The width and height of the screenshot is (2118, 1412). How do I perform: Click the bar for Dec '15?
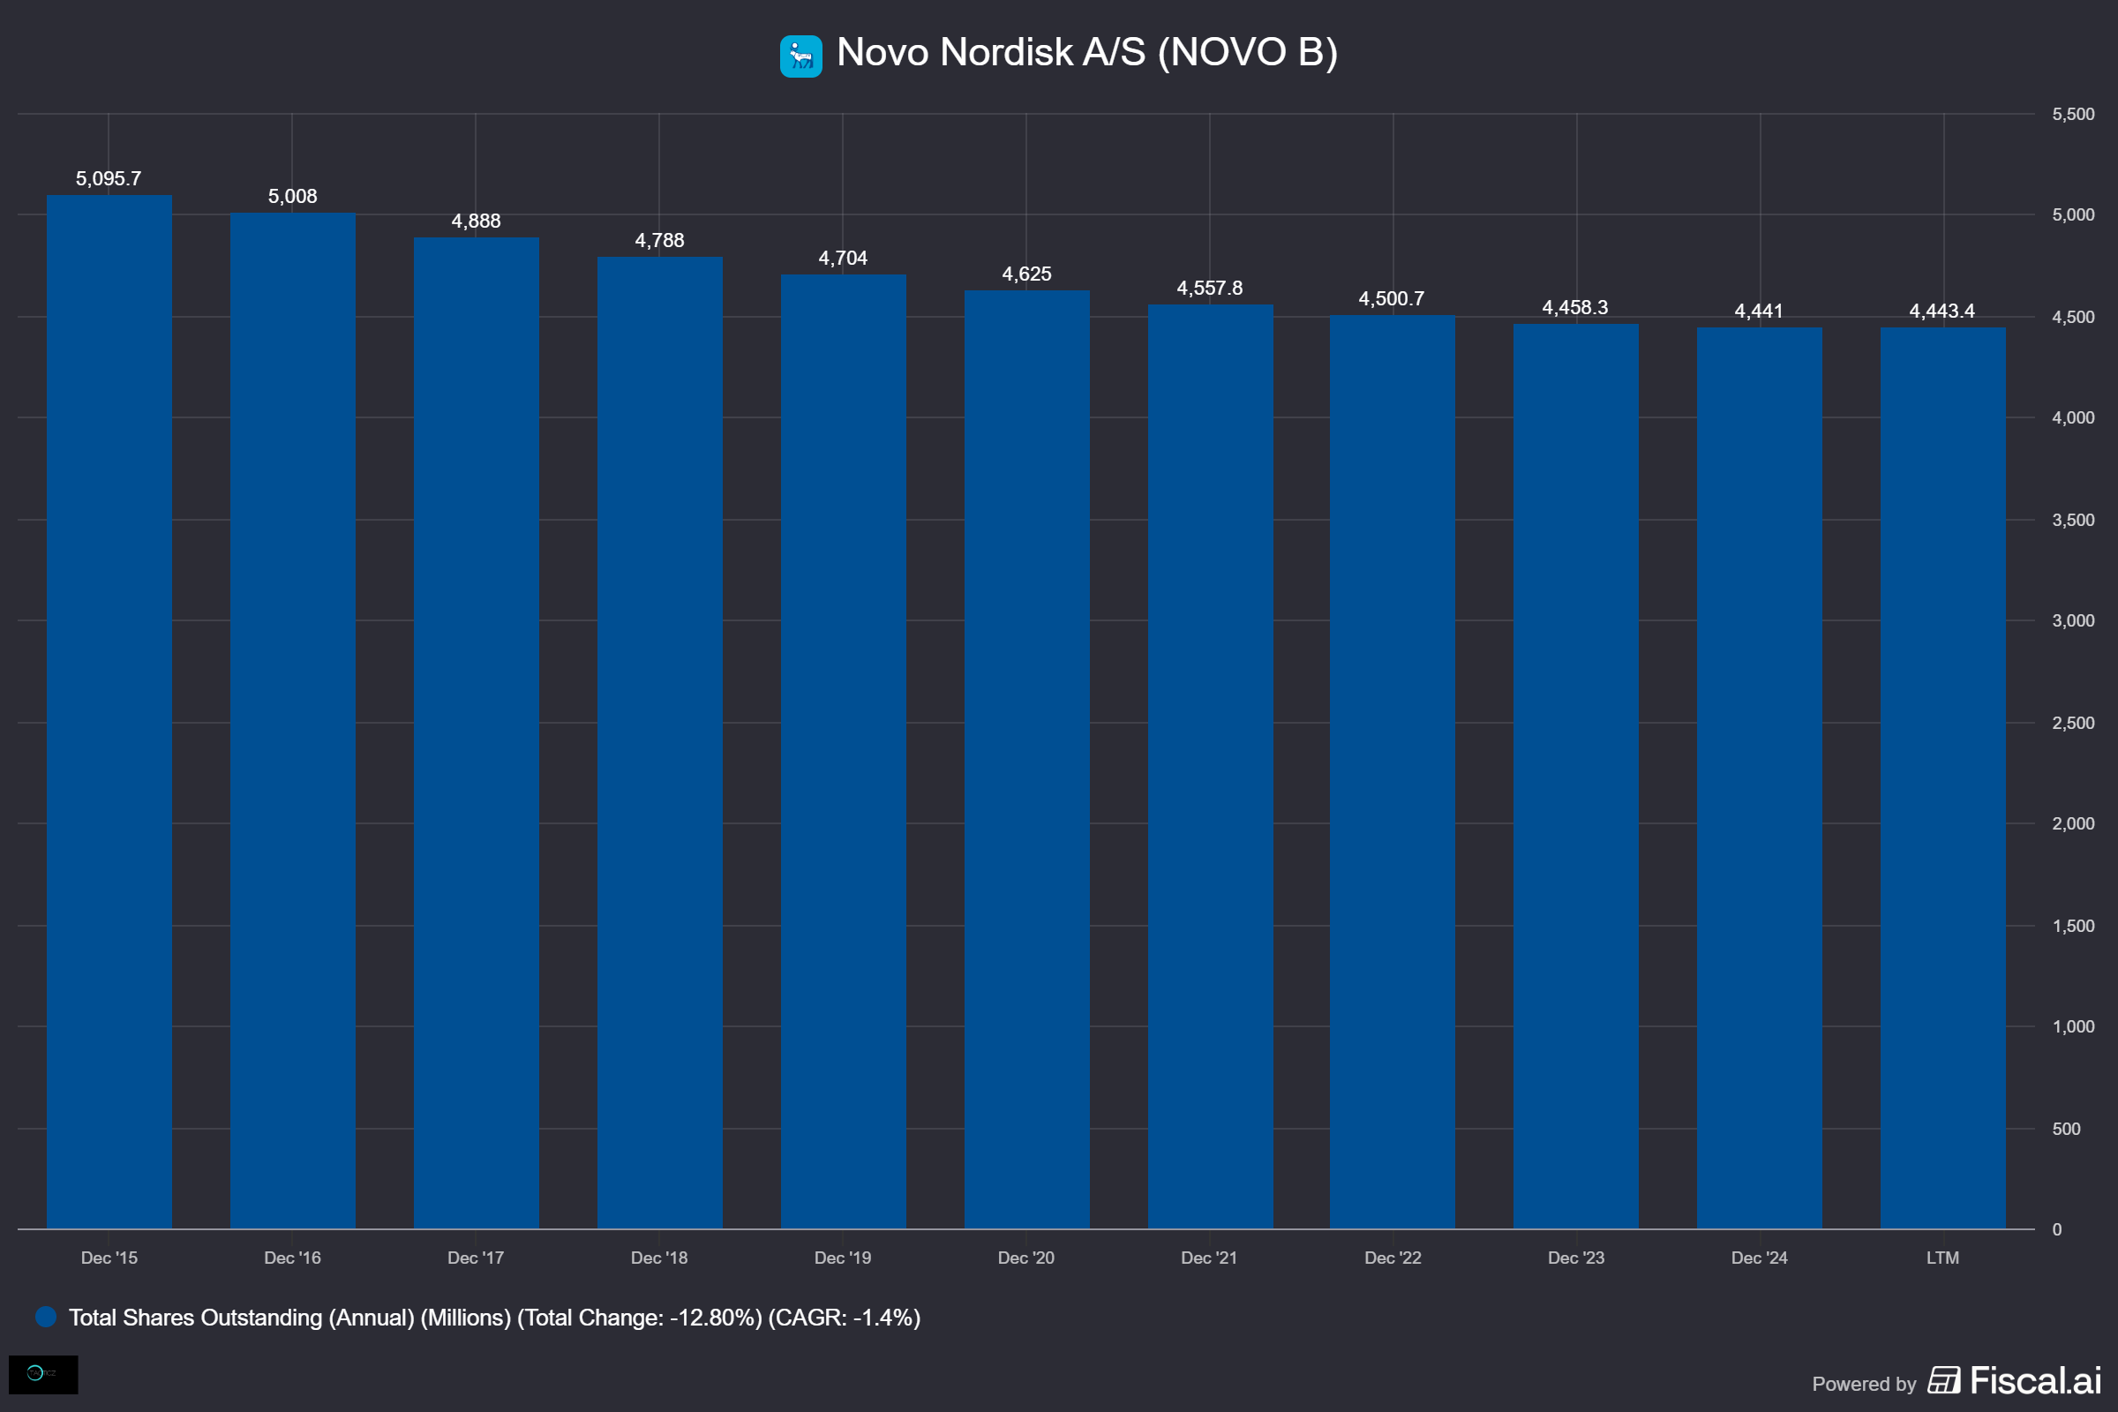pyautogui.click(x=109, y=711)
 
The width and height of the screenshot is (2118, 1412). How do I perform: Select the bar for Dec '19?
pyautogui.click(x=843, y=751)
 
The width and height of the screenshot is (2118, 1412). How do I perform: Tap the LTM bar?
pyautogui.click(x=1942, y=778)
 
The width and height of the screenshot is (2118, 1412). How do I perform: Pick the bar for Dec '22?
pyautogui.click(x=1393, y=771)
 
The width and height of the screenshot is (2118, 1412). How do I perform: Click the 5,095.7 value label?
pyautogui.click(x=108, y=178)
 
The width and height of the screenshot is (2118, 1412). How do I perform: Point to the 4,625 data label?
pyautogui.click(x=1026, y=274)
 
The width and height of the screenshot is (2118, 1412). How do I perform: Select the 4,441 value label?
pyautogui.click(x=1759, y=311)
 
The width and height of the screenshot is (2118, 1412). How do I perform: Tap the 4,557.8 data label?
pyautogui.click(x=1209, y=289)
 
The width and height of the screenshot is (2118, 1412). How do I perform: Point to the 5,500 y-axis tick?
pyautogui.click(x=2073, y=115)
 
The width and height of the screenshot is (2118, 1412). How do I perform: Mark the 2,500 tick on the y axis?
pyautogui.click(x=2073, y=723)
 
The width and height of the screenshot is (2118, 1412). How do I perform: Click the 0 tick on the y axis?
pyautogui.click(x=2057, y=1230)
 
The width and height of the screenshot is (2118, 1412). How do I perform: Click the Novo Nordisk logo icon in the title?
pyautogui.click(x=800, y=56)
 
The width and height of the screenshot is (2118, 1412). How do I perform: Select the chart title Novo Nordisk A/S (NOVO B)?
pyautogui.click(x=1087, y=52)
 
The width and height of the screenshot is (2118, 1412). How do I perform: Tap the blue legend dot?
pyautogui.click(x=46, y=1318)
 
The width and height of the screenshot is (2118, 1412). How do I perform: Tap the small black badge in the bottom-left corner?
pyautogui.click(x=43, y=1374)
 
